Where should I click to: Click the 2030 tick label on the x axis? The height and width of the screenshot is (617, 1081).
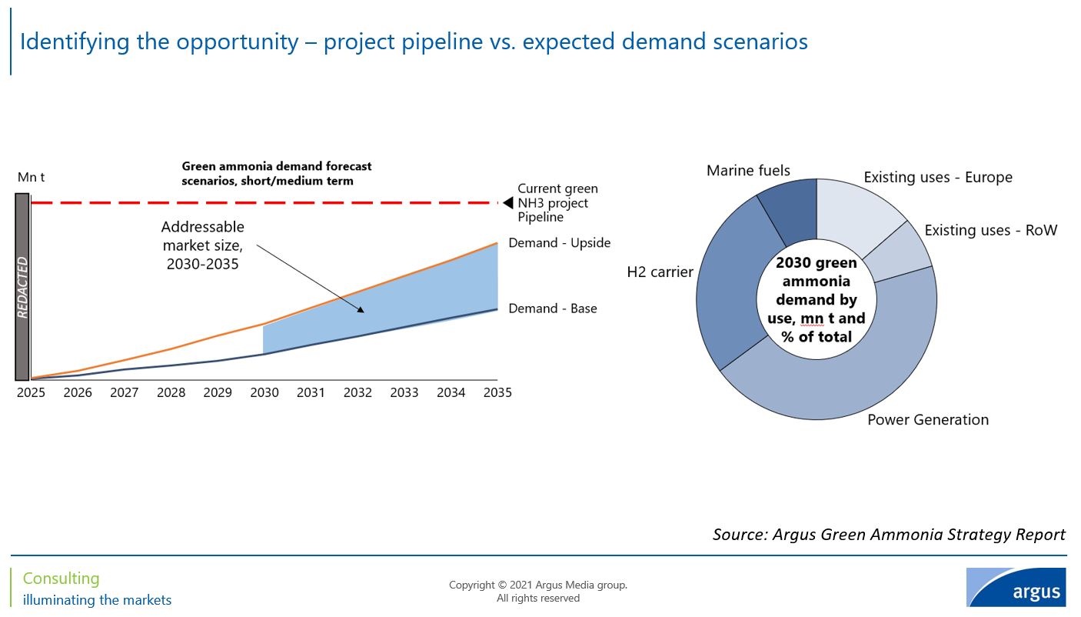[x=264, y=393]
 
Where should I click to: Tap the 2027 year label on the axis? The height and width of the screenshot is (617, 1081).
[x=125, y=393]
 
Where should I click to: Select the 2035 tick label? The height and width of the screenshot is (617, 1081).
[x=498, y=393]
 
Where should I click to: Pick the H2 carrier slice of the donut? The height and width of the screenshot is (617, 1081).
[x=730, y=285]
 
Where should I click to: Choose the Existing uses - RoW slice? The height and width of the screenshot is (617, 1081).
[x=899, y=251]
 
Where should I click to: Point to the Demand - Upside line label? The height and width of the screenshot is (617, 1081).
[x=559, y=243]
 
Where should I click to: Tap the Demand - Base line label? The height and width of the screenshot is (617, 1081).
[x=552, y=308]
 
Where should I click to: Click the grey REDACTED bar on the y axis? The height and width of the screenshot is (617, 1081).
[x=22, y=287]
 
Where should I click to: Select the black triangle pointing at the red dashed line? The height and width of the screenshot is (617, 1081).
[x=507, y=203]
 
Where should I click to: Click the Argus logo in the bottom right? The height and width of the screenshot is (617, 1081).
[x=1016, y=588]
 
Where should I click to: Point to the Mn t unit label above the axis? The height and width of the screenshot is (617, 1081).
[x=32, y=178]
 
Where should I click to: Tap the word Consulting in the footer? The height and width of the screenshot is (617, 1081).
[x=62, y=579]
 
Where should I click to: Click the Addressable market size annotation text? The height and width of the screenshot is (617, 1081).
[x=202, y=245]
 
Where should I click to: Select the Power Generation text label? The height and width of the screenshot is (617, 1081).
[x=927, y=420]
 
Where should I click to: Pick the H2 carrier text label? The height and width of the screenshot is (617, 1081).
[x=660, y=272]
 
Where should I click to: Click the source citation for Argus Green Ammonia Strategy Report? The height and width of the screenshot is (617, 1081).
[x=889, y=535]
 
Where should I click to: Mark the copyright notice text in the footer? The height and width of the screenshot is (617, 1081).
[x=538, y=592]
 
